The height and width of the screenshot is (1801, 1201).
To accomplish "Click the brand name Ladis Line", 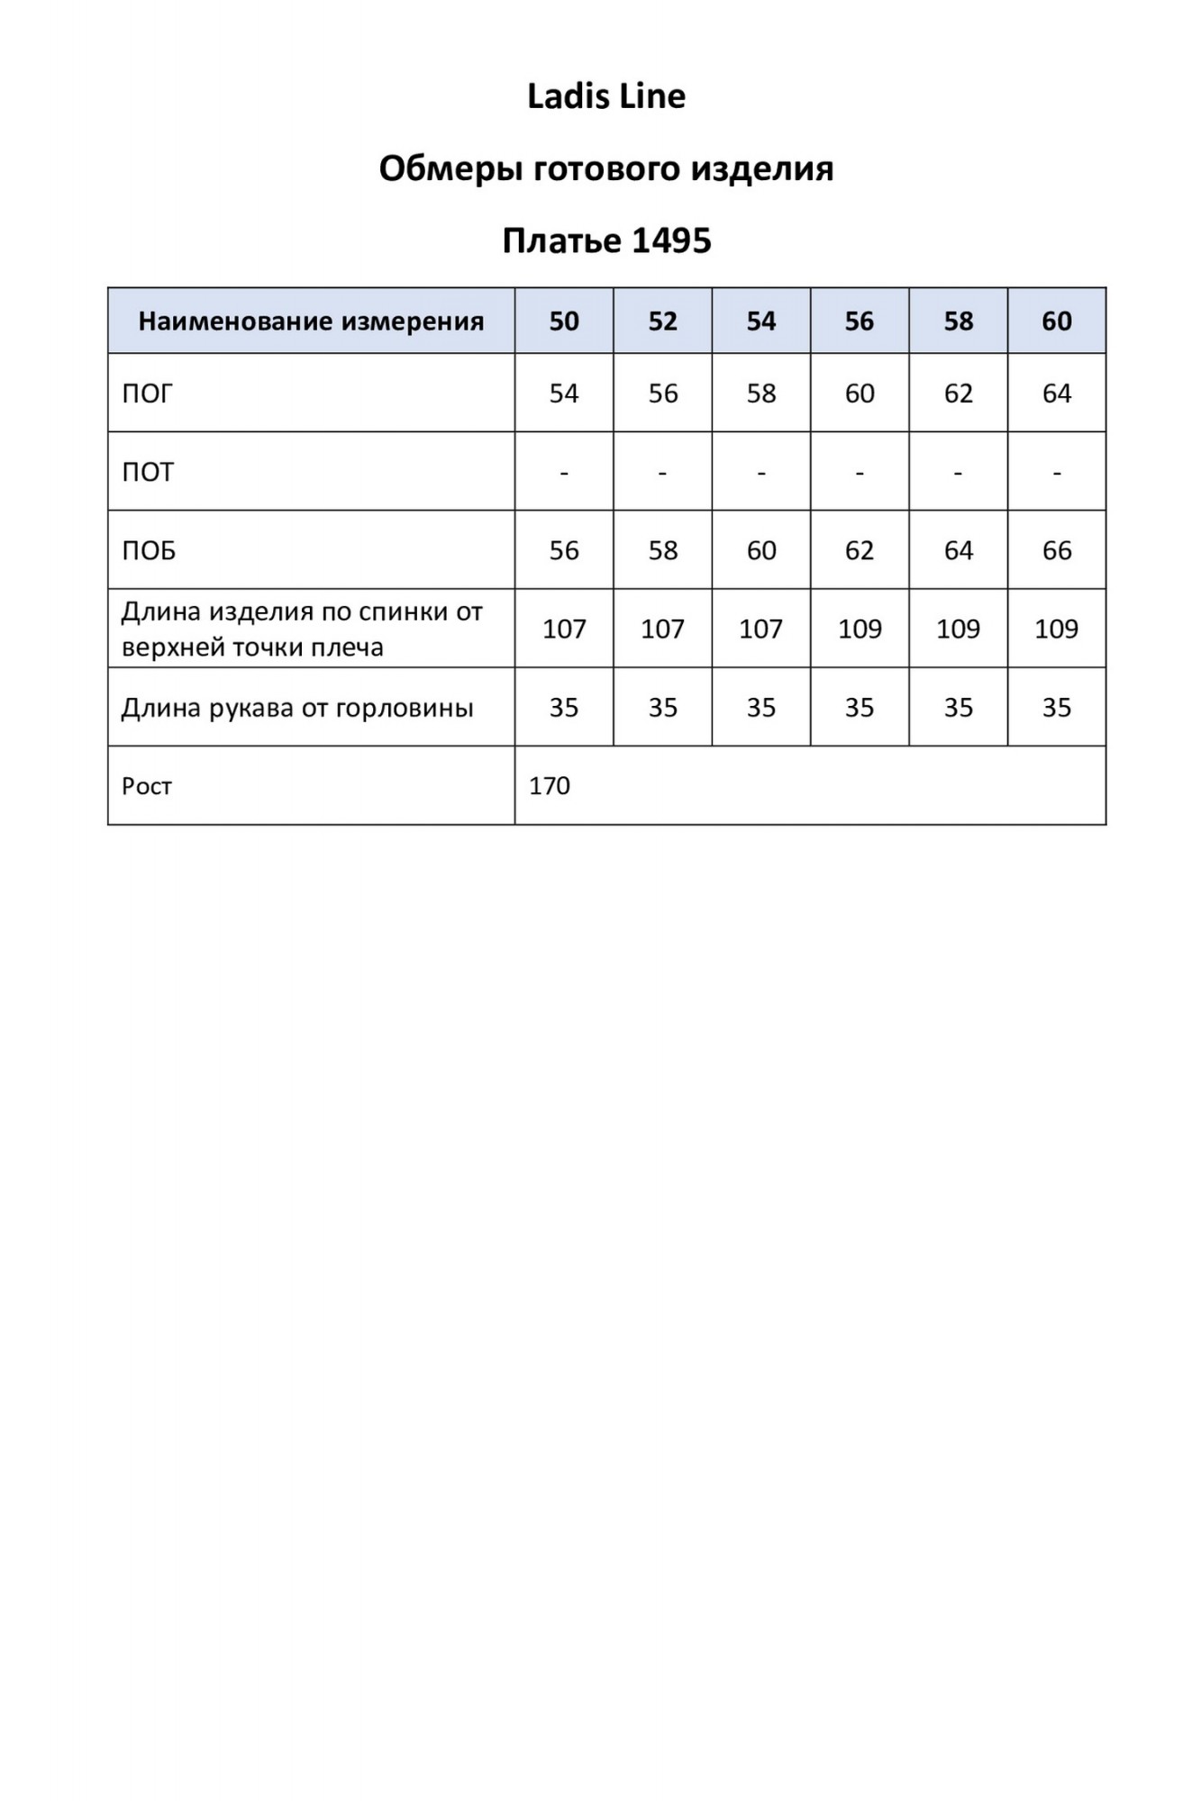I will [x=605, y=96].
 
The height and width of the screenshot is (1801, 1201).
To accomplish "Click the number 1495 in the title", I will [x=671, y=241].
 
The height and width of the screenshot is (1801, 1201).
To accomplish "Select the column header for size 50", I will [x=564, y=321].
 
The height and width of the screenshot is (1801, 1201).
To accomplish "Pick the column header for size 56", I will [x=860, y=321].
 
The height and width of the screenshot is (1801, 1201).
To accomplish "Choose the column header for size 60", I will [x=1057, y=321].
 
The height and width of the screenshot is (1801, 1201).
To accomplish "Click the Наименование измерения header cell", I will [x=311, y=321].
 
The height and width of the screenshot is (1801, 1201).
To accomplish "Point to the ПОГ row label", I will [x=147, y=394].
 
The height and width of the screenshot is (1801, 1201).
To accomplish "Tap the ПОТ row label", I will [x=147, y=472].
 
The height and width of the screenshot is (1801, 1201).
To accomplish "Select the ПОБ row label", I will [x=149, y=550].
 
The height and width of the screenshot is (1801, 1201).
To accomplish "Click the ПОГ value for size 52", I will [x=663, y=394].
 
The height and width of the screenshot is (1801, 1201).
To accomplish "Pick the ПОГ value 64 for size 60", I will [x=1057, y=394].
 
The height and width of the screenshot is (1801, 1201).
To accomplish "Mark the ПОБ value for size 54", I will [x=761, y=550].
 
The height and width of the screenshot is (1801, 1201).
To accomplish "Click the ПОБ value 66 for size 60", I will [x=1057, y=550].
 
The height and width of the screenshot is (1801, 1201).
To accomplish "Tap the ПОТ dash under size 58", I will [x=958, y=472].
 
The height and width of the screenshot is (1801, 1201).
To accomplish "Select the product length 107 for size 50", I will [x=564, y=629].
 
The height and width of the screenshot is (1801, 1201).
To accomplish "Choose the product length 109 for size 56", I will [x=860, y=629].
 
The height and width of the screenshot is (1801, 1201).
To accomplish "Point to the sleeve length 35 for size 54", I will [x=761, y=708].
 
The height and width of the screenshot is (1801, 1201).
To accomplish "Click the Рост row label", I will [x=147, y=786].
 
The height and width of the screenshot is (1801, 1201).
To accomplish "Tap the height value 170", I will [x=550, y=786].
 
